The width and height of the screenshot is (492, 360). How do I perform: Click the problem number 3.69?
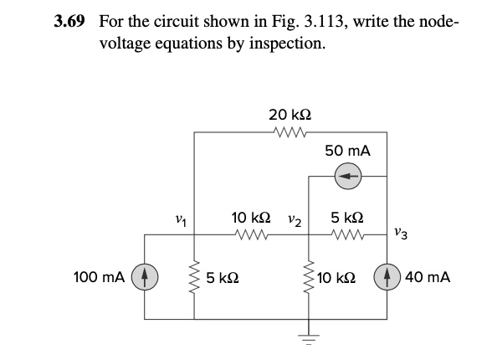69,20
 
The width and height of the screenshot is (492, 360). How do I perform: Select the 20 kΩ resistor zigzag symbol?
290,131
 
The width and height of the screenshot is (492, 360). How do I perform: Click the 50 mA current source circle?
347,177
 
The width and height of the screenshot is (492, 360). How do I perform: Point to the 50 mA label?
348,151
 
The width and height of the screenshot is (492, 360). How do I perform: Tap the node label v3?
402,237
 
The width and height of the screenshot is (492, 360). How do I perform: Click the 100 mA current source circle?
146,276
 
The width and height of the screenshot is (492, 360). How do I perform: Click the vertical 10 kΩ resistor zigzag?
308,276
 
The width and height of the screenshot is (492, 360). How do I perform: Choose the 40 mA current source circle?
387,276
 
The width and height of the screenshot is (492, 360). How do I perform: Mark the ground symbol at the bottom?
308,342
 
